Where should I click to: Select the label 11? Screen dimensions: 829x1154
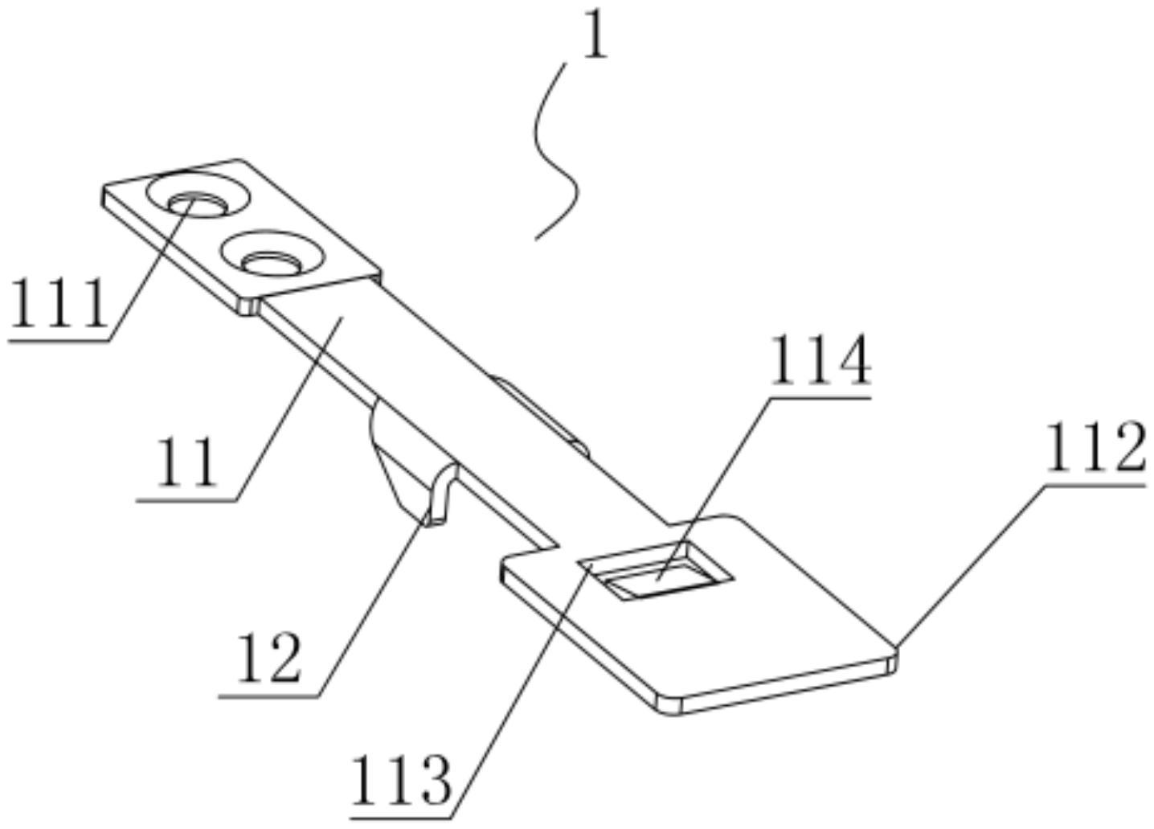tap(186, 462)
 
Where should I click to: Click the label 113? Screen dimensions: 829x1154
tap(402, 780)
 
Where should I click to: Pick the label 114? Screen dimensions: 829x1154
tap(820, 362)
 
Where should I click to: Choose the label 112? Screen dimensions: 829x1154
tap(1095, 449)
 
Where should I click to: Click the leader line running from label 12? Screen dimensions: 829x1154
tap(370, 611)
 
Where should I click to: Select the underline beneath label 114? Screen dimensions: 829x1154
tap(820, 396)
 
